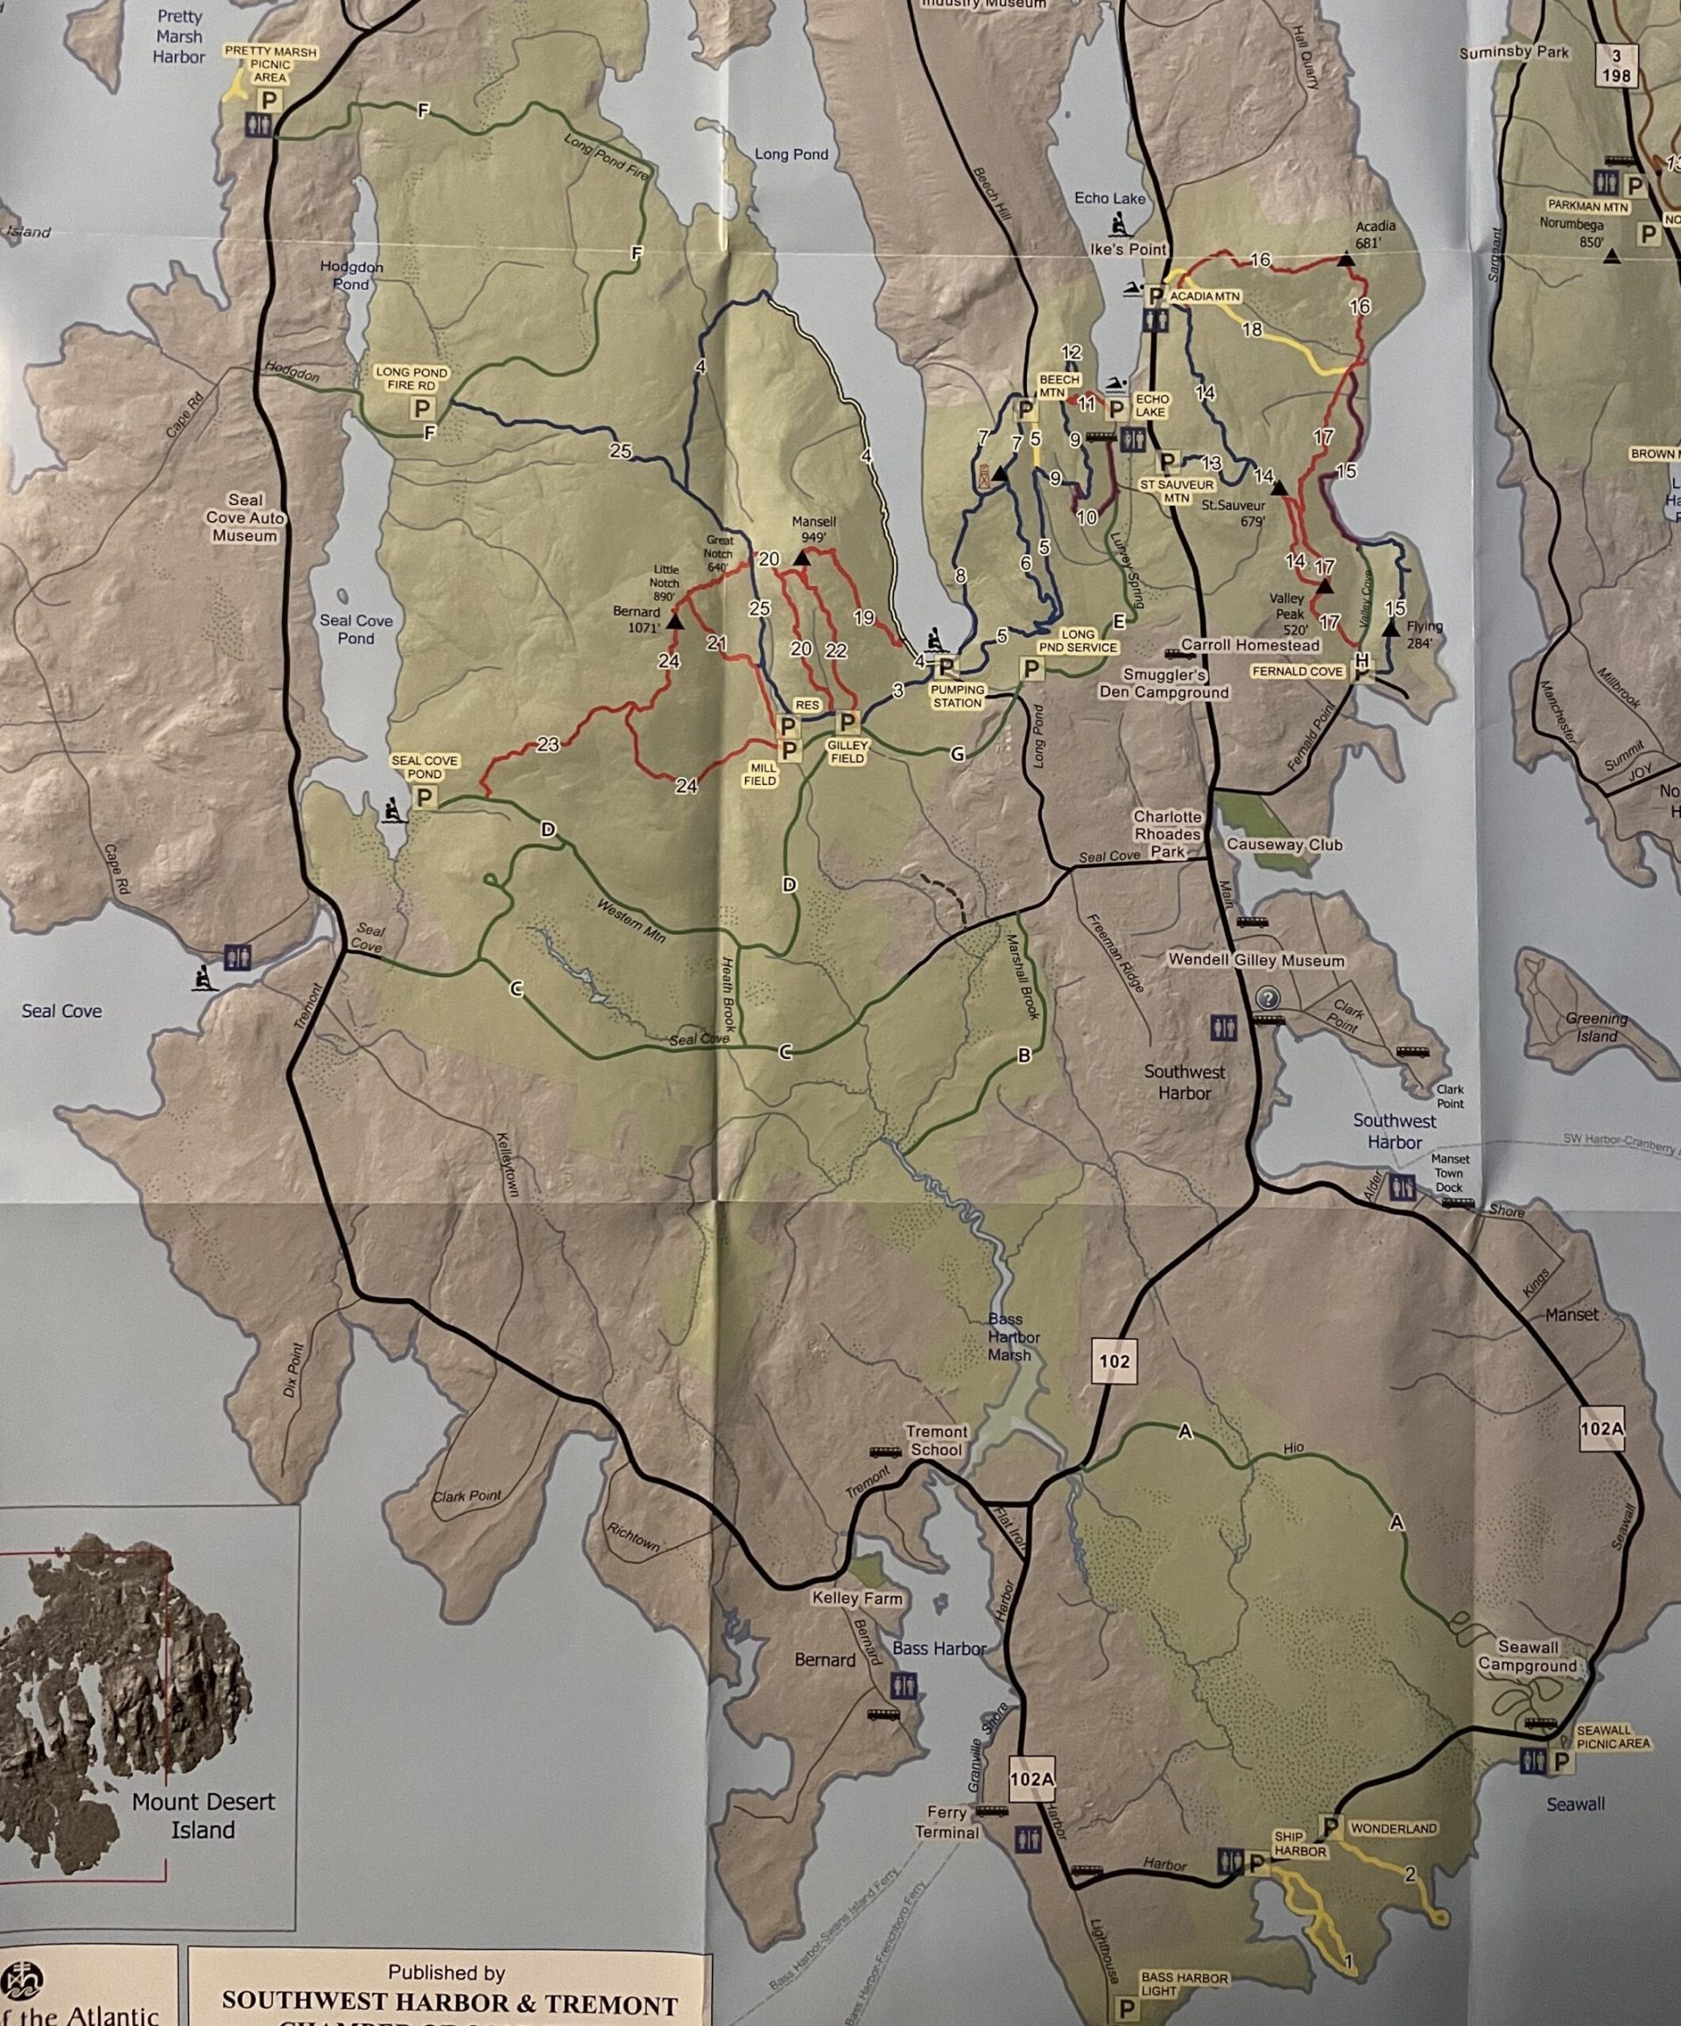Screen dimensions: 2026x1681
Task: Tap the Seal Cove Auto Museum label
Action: pos(245,517)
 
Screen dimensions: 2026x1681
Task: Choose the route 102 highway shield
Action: pos(1114,1360)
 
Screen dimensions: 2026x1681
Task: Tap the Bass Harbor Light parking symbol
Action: pos(1125,2009)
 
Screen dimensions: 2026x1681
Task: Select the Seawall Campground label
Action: pos(1528,1656)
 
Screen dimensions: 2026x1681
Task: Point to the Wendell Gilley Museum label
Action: pos(1255,960)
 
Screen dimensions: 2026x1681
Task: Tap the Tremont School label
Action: pos(936,1441)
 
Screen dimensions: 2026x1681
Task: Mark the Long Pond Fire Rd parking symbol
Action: pos(422,408)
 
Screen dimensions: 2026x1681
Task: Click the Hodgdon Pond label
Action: pos(351,275)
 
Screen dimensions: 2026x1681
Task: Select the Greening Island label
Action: pos(1596,1027)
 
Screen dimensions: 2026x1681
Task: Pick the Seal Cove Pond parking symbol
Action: pos(424,797)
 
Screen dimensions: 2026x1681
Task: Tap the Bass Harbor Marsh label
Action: pos(1014,1336)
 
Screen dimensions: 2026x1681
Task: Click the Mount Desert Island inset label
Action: pos(204,1815)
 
